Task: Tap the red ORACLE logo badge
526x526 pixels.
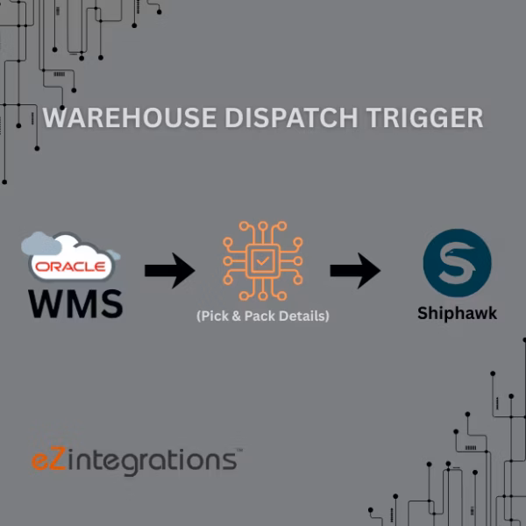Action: coord(72,266)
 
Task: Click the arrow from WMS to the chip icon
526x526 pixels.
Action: coord(169,271)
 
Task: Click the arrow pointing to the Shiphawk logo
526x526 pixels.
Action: coord(354,271)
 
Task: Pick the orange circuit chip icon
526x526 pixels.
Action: coord(262,260)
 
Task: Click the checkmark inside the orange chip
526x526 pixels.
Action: coord(262,261)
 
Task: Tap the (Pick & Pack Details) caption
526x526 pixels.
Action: coord(263,316)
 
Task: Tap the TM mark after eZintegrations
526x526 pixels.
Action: coord(238,450)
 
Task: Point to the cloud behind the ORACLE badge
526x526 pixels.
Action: coord(44,243)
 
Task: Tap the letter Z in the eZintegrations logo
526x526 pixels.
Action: coord(59,458)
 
